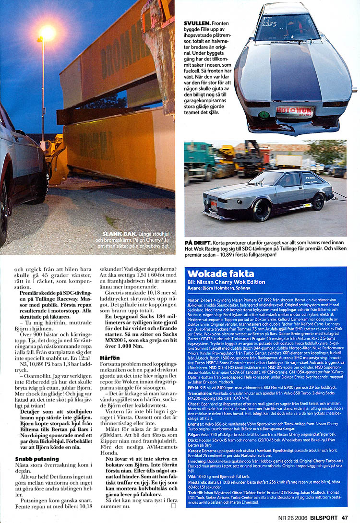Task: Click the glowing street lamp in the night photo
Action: pyautogui.click(x=48, y=33)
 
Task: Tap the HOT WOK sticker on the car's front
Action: pyautogui.click(x=295, y=112)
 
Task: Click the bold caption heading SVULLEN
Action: pyautogui.click(x=197, y=23)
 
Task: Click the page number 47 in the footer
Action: pyautogui.click(x=345, y=517)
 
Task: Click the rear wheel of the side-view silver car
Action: pyautogui.click(x=318, y=202)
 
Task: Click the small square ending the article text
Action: pyautogui.click(x=173, y=505)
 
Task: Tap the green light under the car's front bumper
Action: pyautogui.click(x=263, y=115)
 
